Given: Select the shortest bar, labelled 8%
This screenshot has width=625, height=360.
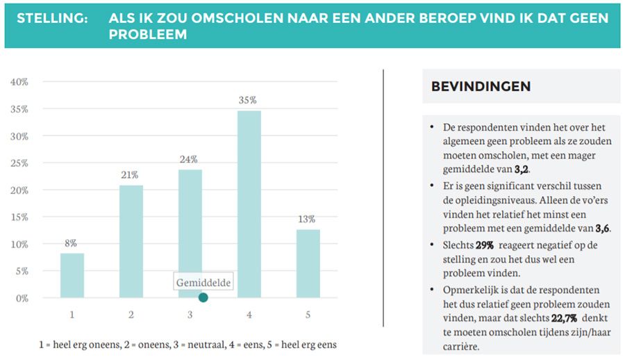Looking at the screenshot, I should pos(72,275).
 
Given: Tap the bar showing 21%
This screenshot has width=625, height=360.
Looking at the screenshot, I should pos(131,241).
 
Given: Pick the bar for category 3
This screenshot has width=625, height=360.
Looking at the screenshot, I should pos(190,233).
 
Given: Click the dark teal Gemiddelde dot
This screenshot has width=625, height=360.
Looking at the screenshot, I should pos(203,297).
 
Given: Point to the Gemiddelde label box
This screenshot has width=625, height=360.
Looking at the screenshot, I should pos(203,282).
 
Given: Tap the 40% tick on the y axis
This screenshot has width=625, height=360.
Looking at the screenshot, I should pos(19,82).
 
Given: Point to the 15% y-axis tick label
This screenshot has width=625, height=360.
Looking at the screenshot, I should pos(19,217).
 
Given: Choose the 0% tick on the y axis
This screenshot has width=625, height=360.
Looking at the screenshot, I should pos(21,298).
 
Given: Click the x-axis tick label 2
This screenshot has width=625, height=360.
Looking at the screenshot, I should pos(131,315).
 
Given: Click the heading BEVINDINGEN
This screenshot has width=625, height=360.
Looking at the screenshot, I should pos(481,87).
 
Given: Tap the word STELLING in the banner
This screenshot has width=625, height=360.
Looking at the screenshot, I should pos(52,18).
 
